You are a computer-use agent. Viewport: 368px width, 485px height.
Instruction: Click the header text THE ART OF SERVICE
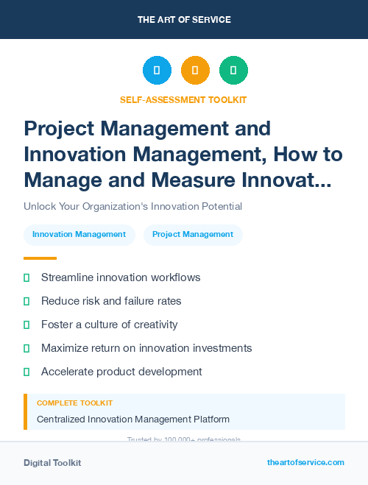184,20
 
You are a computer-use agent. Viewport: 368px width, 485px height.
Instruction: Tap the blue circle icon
157,71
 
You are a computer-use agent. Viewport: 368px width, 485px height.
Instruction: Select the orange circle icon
195,71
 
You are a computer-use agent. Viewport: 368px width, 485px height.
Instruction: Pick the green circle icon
233,71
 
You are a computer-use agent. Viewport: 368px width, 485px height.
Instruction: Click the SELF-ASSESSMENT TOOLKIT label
183,99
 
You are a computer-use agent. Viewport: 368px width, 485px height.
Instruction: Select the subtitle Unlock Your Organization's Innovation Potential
132,206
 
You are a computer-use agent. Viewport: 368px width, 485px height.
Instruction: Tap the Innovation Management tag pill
79,234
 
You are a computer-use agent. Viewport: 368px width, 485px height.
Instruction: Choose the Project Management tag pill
193,234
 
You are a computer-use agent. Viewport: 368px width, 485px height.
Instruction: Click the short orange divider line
40,258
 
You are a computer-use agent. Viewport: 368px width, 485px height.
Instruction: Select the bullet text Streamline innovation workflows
121,277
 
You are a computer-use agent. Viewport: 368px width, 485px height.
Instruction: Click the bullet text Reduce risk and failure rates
111,301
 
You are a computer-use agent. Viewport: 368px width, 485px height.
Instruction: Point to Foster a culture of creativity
110,325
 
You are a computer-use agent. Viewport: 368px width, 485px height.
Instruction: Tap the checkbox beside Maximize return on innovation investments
26,348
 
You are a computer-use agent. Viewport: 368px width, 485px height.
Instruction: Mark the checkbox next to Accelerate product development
26,372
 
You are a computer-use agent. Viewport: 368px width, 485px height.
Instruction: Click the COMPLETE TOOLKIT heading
74,403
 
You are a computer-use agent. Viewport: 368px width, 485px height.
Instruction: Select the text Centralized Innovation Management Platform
133,419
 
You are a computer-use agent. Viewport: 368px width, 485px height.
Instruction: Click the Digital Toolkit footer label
52,462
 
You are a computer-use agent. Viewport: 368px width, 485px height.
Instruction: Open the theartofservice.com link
305,462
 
